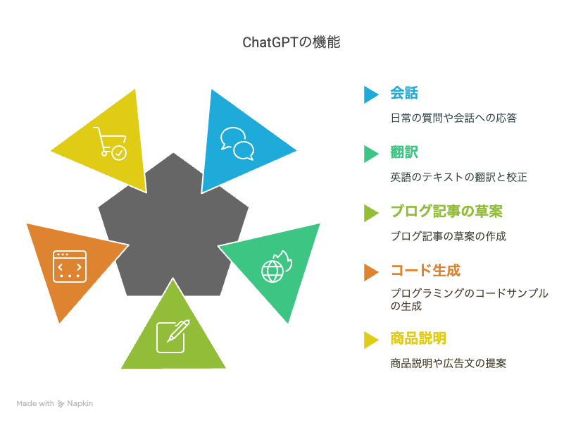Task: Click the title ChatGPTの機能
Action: pos(291,42)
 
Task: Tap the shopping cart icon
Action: pos(110,143)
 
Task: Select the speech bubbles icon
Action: pos(237,144)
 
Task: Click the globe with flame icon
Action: pos(277,266)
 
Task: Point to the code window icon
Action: pos(70,266)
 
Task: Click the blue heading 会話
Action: pos(404,93)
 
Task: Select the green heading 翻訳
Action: pos(404,152)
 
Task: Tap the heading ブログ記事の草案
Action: pos(446,211)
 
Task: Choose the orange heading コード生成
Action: pos(425,270)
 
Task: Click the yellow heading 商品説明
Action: pos(418,338)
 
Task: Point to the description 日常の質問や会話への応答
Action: pos(453,118)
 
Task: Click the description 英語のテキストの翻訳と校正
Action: pos(459,177)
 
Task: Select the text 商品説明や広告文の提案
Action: pos(449,363)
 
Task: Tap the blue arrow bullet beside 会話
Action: pos(370,94)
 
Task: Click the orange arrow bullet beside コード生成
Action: pos(370,272)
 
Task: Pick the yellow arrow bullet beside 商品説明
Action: pos(370,340)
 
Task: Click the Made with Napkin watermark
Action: pos(55,404)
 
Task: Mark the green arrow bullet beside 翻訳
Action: pos(370,154)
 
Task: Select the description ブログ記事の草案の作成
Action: pos(449,236)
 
